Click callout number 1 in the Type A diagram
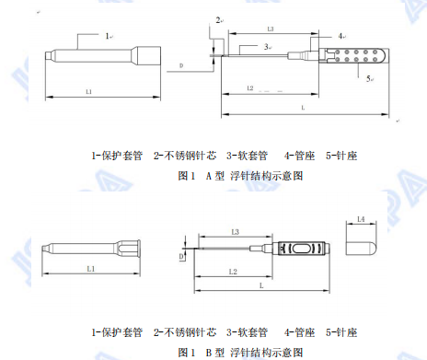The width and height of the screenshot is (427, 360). tap(107, 35)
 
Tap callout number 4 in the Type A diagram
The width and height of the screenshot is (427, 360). tap(340, 36)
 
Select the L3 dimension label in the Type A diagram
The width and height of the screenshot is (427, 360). tap(271, 29)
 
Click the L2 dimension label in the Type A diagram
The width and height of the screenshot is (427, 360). tap(251, 87)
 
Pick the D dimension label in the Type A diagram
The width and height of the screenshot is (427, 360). tap(180, 65)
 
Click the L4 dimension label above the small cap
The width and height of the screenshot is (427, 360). tap(361, 218)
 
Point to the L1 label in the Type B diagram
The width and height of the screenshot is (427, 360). tap(90, 268)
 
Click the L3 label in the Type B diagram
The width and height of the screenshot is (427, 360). tap(235, 230)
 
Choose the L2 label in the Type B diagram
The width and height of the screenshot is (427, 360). tap(234, 272)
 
